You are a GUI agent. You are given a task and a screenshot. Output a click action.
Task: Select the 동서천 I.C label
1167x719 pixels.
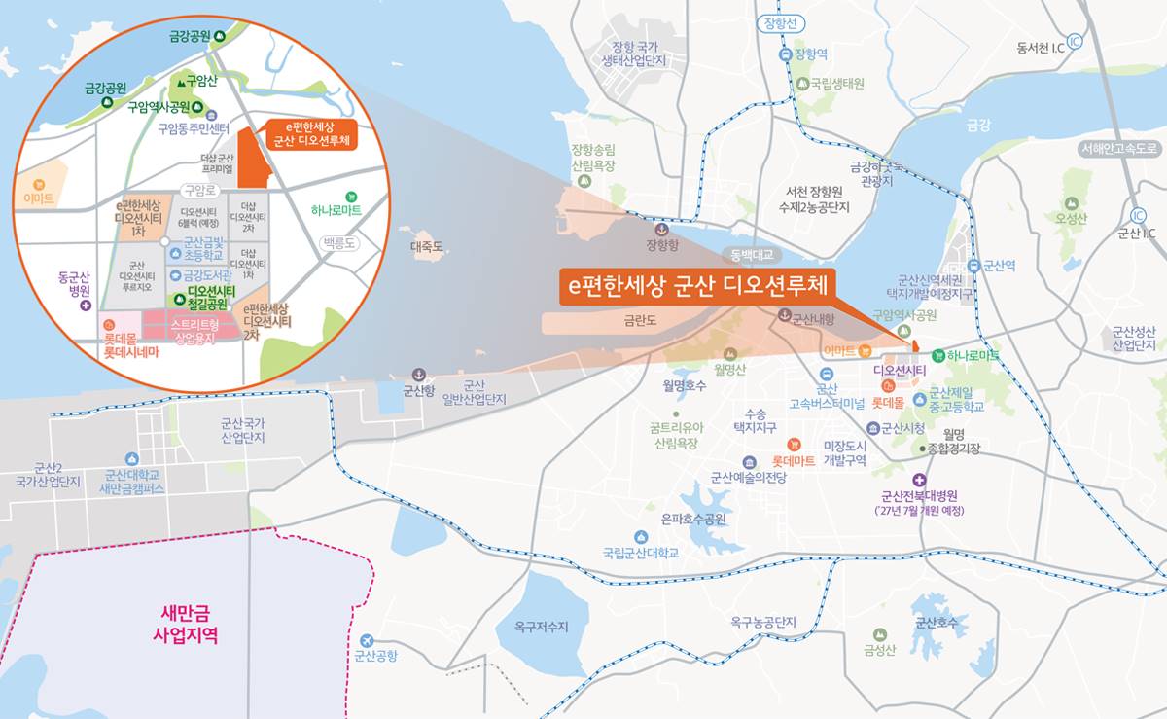(x=1041, y=45)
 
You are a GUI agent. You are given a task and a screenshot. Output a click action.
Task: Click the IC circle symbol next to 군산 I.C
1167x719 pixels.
(x=1139, y=215)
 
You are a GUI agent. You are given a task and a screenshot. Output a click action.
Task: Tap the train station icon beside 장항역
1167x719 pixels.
(x=786, y=55)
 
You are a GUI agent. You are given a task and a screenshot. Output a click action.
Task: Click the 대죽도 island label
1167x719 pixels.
(x=427, y=247)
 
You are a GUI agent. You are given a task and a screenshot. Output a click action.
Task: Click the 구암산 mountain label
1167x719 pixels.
(x=197, y=82)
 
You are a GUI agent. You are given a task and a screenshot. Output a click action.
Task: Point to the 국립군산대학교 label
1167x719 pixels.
(x=640, y=554)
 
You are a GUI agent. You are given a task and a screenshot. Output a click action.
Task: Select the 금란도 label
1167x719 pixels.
(x=642, y=317)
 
